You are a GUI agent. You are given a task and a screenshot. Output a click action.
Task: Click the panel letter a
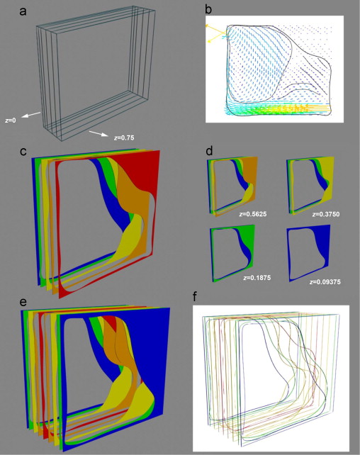23,12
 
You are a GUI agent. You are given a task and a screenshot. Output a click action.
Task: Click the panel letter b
208,10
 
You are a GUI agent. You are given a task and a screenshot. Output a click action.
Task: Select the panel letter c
23,152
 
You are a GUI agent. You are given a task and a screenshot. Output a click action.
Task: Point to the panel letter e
23,302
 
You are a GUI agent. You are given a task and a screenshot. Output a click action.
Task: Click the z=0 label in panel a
11,120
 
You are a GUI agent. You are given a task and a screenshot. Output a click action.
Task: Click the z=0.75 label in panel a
124,137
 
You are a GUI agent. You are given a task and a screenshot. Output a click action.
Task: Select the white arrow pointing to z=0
32,115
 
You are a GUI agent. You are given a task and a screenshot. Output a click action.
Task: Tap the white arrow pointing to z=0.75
99,134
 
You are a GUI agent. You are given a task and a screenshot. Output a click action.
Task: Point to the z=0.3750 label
326,215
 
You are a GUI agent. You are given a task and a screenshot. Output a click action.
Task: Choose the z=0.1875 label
257,278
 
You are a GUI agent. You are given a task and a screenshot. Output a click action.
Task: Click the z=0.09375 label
325,282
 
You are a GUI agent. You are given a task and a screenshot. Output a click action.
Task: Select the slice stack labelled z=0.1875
233,254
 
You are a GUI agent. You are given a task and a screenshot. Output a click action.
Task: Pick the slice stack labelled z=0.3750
310,186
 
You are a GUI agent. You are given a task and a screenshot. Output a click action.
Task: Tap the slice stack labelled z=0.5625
232,186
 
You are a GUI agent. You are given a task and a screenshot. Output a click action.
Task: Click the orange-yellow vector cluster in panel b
293,109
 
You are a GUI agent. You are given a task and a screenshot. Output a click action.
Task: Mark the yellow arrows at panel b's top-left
215,33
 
